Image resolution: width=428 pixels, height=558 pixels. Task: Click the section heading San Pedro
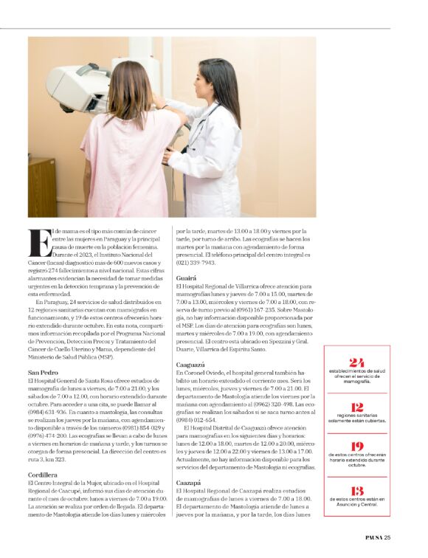pyautogui.click(x=43, y=372)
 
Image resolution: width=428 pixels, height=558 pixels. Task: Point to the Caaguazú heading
pyautogui.click(x=193, y=365)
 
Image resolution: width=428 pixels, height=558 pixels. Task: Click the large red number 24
pyautogui.click(x=356, y=362)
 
